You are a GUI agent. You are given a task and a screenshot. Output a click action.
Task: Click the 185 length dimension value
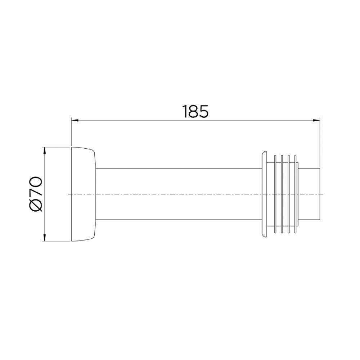[x=195, y=111]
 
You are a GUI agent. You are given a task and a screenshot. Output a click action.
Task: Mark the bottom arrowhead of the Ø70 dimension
[x=45, y=238]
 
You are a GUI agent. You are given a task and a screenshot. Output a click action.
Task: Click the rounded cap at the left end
[x=83, y=194]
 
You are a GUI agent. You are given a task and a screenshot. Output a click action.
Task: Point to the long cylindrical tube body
[x=176, y=194]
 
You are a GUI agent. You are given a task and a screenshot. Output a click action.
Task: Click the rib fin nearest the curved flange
[x=275, y=194]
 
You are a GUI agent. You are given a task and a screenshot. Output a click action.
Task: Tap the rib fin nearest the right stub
[x=296, y=194]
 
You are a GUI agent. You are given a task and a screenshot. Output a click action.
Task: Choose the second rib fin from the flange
[x=282, y=194]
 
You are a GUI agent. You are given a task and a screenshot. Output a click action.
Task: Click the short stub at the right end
[x=310, y=194]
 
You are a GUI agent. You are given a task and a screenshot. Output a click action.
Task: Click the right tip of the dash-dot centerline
[x=323, y=194]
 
